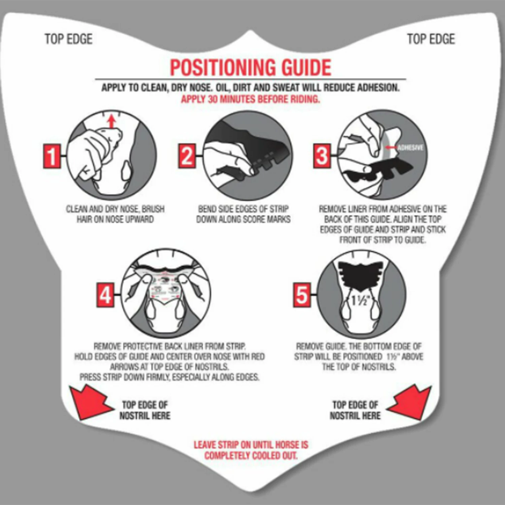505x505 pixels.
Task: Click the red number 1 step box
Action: click(x=52, y=156)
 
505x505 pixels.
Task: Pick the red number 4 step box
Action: click(x=105, y=295)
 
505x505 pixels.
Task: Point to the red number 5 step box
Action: click(x=301, y=295)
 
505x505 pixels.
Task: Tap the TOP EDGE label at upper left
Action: click(x=68, y=39)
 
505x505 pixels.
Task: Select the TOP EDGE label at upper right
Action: click(x=431, y=39)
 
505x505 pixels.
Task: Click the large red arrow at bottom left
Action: click(x=90, y=403)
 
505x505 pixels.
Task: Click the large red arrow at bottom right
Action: click(x=409, y=403)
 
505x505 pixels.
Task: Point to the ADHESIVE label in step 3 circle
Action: click(x=410, y=148)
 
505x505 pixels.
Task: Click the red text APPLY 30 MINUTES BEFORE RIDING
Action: click(x=250, y=99)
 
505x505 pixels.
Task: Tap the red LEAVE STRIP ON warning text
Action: click(x=251, y=450)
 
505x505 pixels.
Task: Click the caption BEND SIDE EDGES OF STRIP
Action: click(x=243, y=209)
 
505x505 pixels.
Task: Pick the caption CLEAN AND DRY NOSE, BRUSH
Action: click(x=115, y=209)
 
